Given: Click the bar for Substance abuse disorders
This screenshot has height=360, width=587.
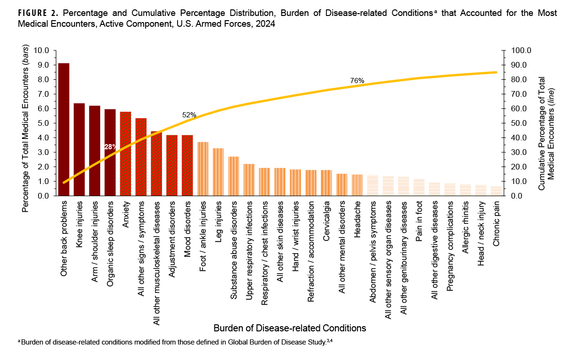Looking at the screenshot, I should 234,176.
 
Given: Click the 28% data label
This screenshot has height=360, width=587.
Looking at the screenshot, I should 110,147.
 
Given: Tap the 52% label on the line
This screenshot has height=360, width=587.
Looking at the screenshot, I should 189,115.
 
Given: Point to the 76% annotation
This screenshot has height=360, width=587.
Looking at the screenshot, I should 357,81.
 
